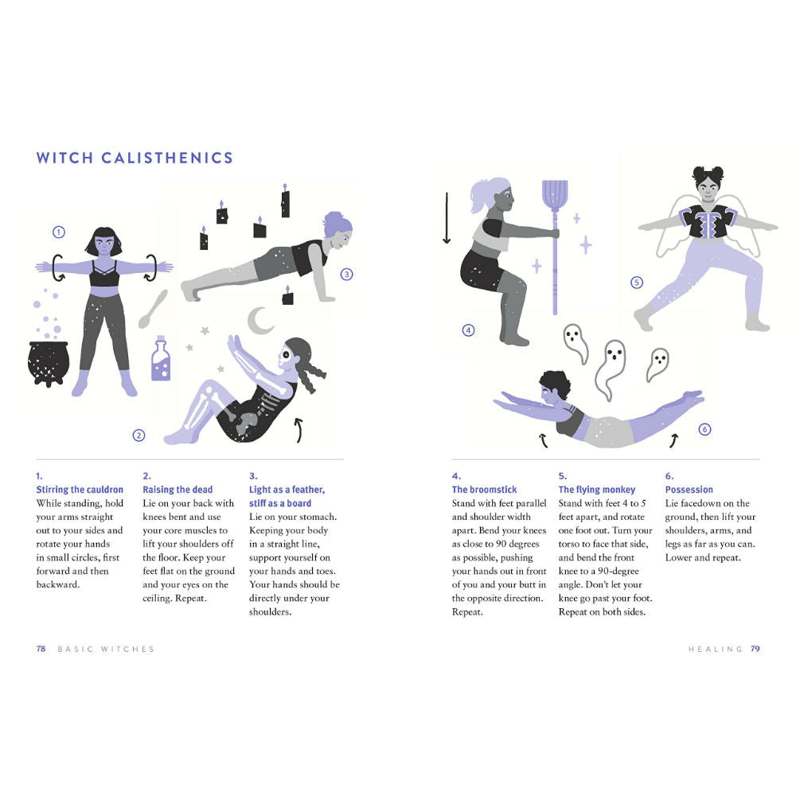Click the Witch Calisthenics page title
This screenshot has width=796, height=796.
135,158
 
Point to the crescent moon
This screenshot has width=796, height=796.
259,321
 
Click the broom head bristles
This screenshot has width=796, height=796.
555,196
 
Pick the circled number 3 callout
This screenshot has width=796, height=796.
347,275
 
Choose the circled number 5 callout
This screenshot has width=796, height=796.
637,283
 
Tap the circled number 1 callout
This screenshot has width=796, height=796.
59,232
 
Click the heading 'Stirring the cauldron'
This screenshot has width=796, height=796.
80,490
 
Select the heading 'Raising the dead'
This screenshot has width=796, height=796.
178,490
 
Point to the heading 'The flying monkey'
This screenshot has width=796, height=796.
597,490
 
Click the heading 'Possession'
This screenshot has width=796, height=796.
689,490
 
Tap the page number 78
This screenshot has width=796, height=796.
41,649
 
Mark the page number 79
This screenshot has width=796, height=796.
755,649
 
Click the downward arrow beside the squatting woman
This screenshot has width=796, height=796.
447,218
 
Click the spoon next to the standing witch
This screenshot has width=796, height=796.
153,309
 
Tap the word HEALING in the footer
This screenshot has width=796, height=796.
716,650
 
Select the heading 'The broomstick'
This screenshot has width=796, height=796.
484,490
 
